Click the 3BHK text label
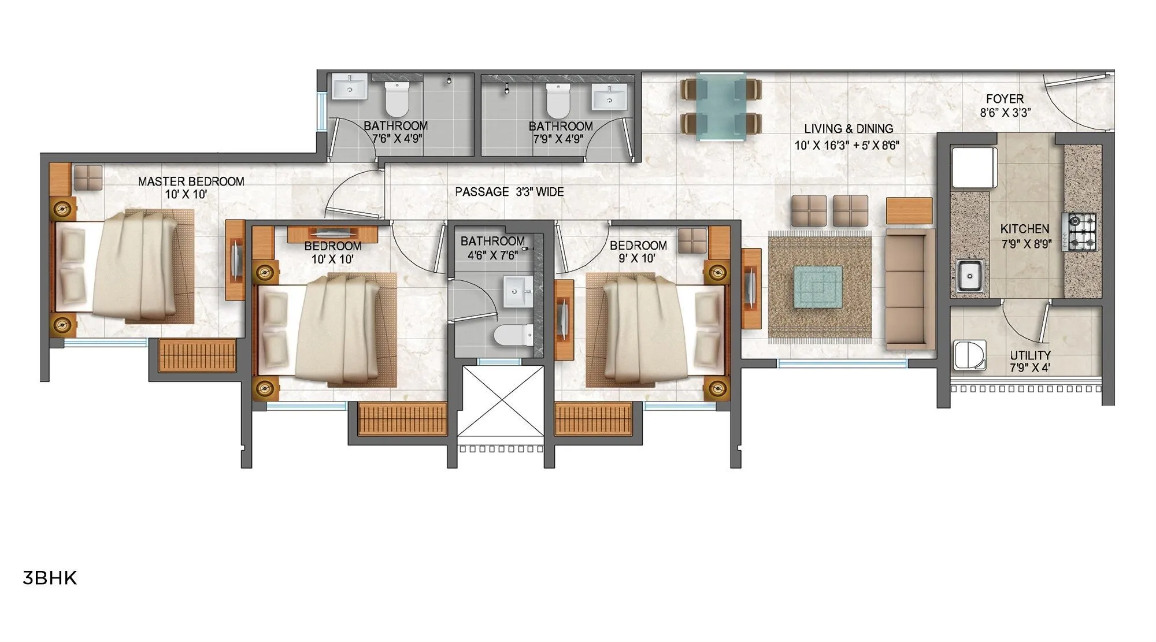pos(50,578)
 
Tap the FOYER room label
pos(1005,99)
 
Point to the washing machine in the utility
pos(970,355)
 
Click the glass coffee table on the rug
pos(817,286)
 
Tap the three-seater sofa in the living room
pos(910,289)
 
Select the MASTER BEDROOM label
pos(191,181)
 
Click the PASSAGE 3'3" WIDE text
pos(509,192)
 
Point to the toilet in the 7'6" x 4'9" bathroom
pos(397,99)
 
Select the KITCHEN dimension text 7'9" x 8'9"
pos(1026,244)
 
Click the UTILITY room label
pos(1030,355)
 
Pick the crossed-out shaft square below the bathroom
pos(501,401)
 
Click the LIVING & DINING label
pos(849,129)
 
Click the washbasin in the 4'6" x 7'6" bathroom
pos(517,291)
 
